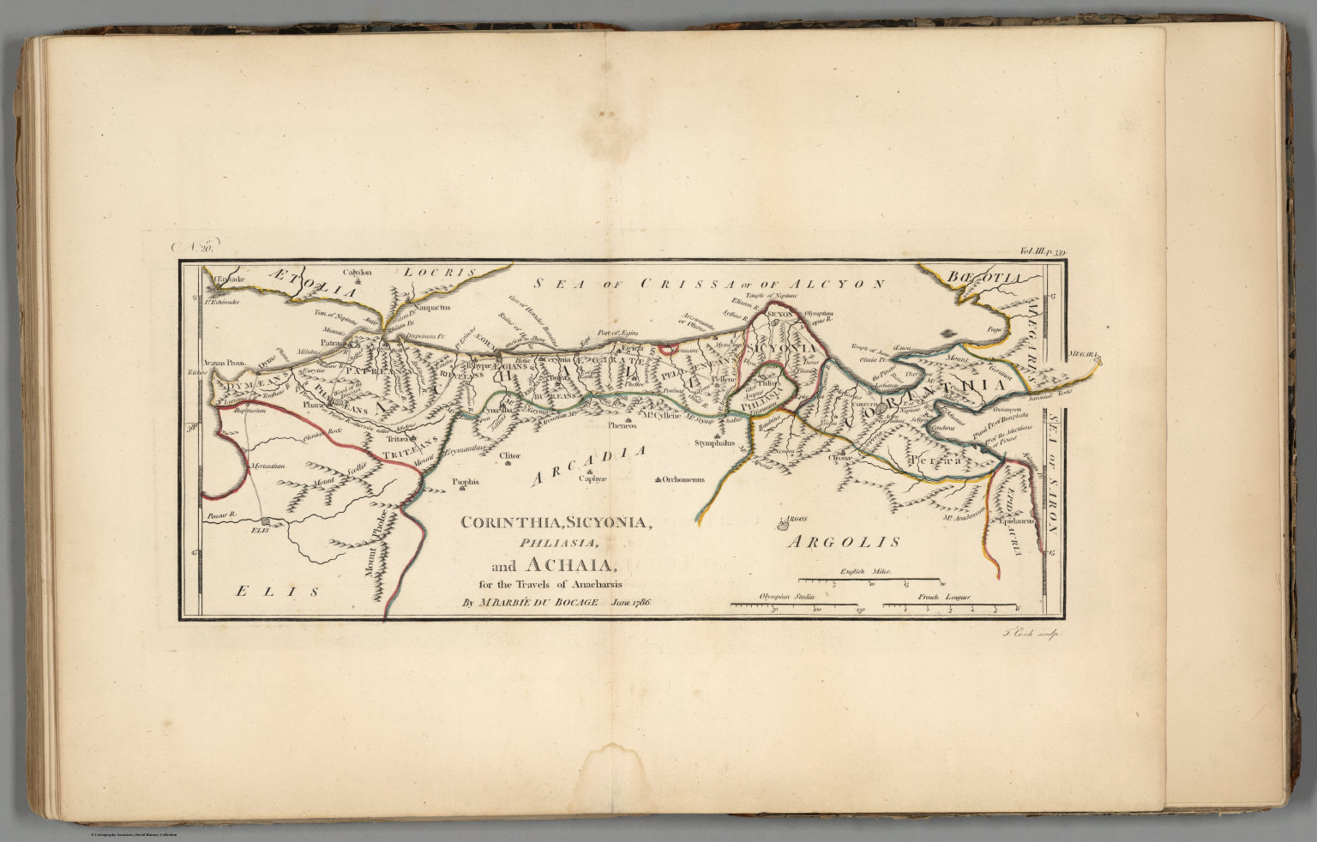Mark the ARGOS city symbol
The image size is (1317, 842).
coord(782,520)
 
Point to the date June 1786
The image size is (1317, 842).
coord(633,602)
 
